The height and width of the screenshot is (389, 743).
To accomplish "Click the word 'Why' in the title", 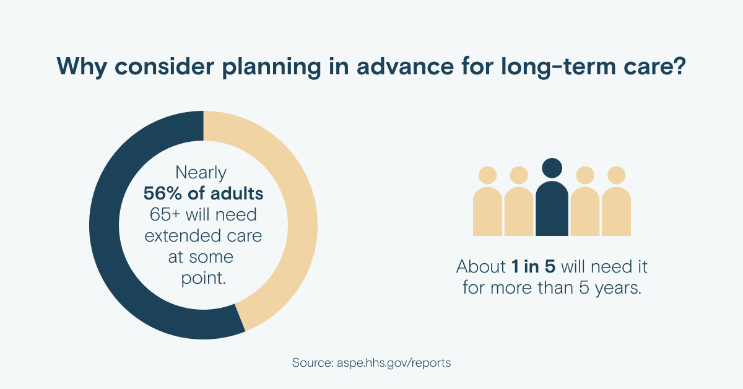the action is pyautogui.click(x=82, y=66).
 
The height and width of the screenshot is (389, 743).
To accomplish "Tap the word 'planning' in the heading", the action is pyautogui.click(x=271, y=67).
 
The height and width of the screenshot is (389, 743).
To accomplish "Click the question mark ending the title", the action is pyautogui.click(x=679, y=66).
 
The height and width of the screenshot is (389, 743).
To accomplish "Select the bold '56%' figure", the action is pyautogui.click(x=162, y=193).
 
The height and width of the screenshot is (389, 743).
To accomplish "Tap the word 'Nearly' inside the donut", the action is pyautogui.click(x=201, y=173).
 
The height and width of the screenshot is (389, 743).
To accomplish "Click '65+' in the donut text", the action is pyautogui.click(x=165, y=214).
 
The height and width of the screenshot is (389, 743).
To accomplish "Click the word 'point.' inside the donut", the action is pyautogui.click(x=203, y=278).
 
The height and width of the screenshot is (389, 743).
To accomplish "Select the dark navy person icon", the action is pyautogui.click(x=552, y=197).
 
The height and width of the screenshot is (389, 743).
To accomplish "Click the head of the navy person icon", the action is pyautogui.click(x=552, y=168).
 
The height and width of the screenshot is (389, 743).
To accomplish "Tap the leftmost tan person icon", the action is pyautogui.click(x=488, y=201).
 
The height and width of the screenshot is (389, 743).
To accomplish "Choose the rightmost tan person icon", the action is pyautogui.click(x=616, y=201).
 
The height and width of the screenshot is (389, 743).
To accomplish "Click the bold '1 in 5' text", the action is pyautogui.click(x=533, y=266).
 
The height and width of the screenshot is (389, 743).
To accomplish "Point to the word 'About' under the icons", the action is pyautogui.click(x=481, y=266).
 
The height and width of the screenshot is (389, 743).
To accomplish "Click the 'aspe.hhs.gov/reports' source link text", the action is pyautogui.click(x=394, y=363).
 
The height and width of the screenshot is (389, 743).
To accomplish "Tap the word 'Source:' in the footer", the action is pyautogui.click(x=313, y=362).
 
